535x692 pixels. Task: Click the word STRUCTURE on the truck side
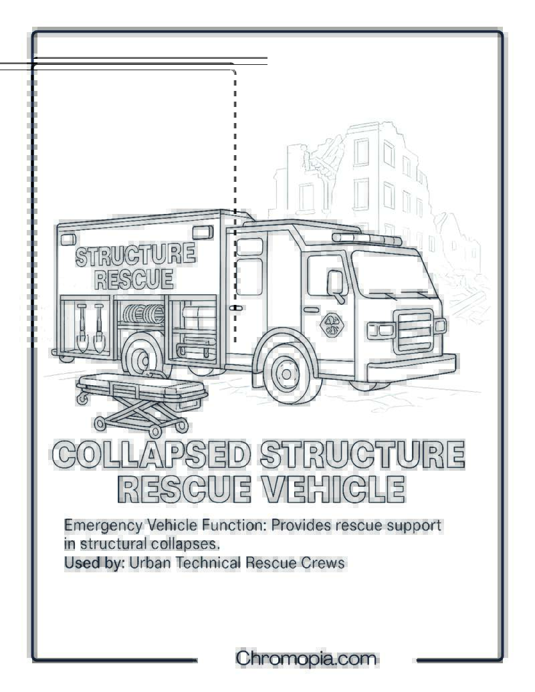coord(135,255)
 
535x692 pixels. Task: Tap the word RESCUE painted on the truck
coord(134,279)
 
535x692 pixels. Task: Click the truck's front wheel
coord(287,374)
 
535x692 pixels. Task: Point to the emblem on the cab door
coord(332,325)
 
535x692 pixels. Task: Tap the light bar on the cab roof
coord(367,239)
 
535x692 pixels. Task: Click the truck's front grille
coord(413,331)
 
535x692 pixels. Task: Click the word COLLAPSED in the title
coord(152,454)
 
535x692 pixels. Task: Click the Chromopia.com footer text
coord(306,659)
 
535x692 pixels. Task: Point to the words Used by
coord(94,563)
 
